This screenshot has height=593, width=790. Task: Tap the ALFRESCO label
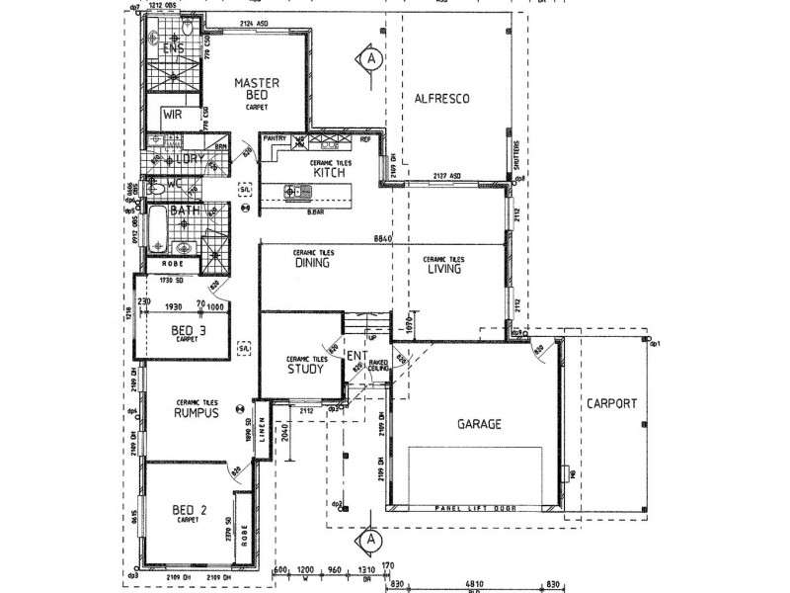[440, 99]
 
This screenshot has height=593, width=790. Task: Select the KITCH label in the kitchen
[328, 173]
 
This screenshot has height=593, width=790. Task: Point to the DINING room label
[311, 264]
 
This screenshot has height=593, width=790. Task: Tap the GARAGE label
[479, 424]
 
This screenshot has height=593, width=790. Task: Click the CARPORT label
[611, 403]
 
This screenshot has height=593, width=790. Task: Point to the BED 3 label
[188, 330]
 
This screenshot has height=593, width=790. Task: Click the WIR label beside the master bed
[173, 115]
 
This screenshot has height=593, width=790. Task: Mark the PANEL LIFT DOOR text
[475, 507]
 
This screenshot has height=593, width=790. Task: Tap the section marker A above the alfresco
[370, 59]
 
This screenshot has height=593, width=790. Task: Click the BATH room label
[185, 211]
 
